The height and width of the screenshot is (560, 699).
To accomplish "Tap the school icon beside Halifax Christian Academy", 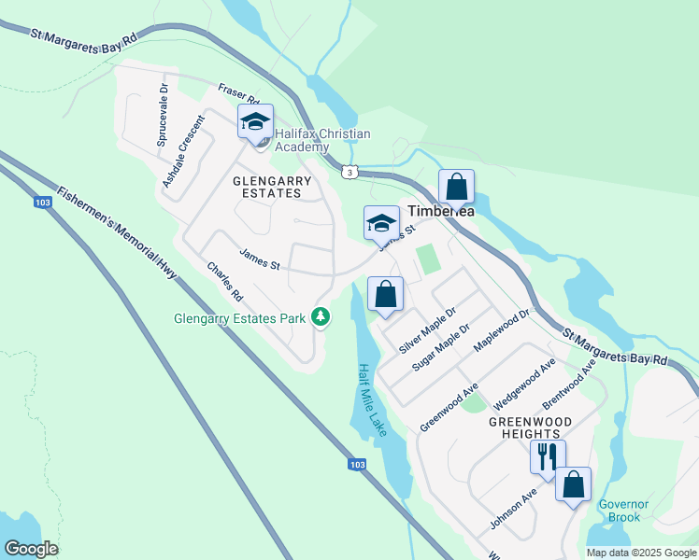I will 255,122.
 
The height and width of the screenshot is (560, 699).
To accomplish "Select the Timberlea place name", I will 440,211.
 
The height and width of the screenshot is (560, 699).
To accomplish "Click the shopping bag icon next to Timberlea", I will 456,187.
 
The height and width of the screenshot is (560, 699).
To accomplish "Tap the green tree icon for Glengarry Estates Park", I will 321,317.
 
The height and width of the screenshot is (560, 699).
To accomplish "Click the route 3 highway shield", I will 349,172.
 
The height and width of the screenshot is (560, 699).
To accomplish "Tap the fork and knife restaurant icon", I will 547,456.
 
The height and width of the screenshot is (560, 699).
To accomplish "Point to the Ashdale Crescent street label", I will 182,151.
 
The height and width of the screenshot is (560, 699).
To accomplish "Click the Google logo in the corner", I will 31,549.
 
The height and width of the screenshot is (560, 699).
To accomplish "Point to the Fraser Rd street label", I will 238,95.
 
